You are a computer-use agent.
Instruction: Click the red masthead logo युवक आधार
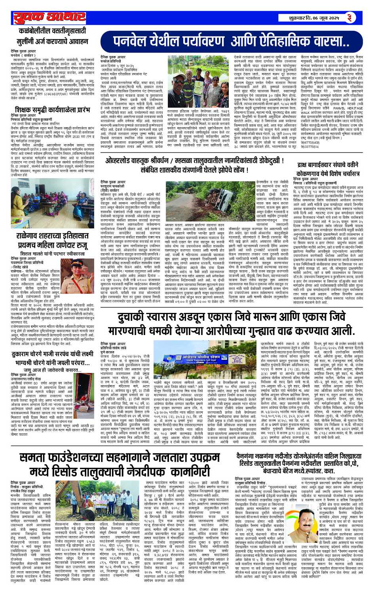coord(49,18)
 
